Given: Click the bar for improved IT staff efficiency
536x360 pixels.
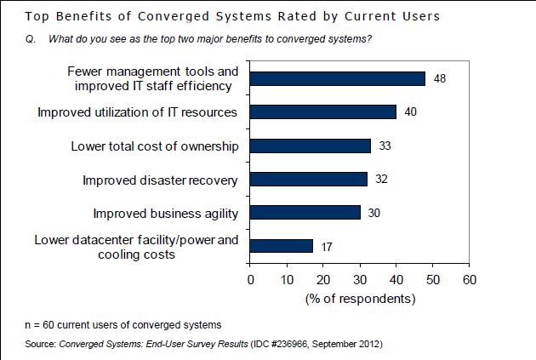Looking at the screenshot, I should point(338,78).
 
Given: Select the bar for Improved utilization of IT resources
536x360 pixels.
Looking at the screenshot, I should point(323,112).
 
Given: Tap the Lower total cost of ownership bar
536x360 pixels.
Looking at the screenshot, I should point(311,146).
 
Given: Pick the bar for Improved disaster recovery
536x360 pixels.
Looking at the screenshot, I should point(309,180).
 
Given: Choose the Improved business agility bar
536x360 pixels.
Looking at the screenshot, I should point(305,213).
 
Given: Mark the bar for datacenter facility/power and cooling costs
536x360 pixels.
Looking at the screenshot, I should point(282,246).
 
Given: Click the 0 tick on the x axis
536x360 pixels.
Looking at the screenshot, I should point(250,278).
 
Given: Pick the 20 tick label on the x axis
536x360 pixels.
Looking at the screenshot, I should point(323,278).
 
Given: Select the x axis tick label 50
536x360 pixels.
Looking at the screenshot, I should point(432,278).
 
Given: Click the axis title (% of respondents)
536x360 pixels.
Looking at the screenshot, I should point(360,299).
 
